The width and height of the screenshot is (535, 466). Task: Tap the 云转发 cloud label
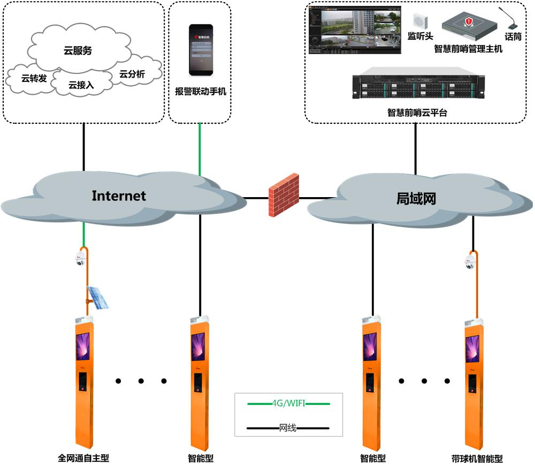[x=34, y=79]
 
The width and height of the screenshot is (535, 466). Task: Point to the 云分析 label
[x=132, y=74]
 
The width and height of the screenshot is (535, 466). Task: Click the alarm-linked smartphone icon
[x=200, y=50]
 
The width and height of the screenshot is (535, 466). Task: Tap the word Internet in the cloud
[x=118, y=196]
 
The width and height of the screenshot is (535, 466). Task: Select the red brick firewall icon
[x=284, y=194]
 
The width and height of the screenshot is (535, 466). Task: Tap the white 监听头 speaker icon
[x=419, y=21]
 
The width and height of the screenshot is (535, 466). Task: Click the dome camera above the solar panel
[x=81, y=259]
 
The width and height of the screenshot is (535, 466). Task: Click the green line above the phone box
[x=200, y=147]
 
